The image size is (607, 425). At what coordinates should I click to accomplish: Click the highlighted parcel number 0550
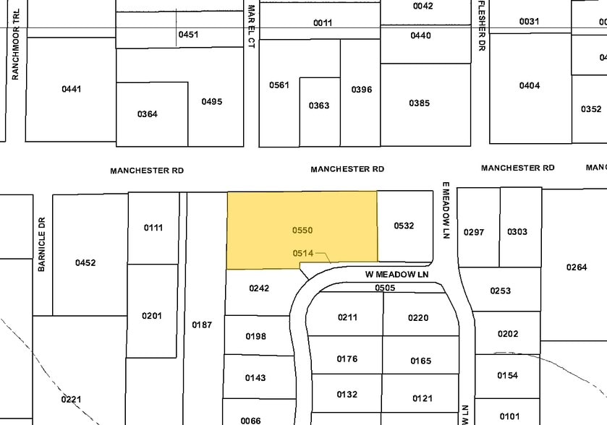[302, 230]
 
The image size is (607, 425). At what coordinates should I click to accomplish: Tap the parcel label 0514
[302, 253]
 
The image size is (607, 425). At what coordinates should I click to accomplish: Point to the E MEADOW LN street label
[446, 210]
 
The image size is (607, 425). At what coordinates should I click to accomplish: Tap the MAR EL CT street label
[251, 27]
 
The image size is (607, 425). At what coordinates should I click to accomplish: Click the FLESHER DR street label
[481, 25]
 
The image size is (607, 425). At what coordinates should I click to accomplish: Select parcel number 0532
[404, 226]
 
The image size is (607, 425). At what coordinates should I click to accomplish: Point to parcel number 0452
[85, 262]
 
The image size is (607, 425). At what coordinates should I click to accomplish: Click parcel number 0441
[72, 89]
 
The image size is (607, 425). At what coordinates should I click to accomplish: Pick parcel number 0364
[148, 113]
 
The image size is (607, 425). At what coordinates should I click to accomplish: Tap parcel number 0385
[419, 103]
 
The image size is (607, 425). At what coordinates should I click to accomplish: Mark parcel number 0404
[530, 85]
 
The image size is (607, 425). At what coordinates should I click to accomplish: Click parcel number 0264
[577, 267]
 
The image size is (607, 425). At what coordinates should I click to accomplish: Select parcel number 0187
[202, 325]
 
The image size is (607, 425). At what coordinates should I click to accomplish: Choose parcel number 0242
[259, 288]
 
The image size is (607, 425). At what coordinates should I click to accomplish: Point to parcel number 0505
[385, 287]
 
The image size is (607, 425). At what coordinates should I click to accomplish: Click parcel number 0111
[153, 228]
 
